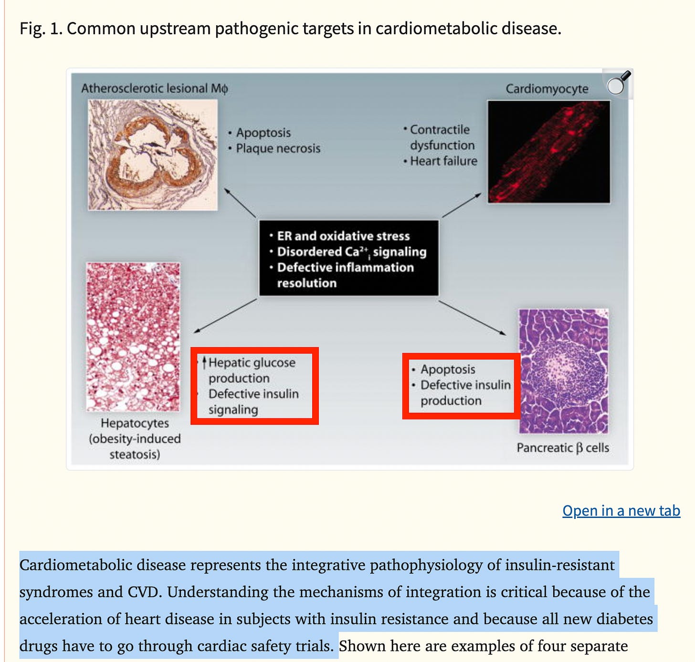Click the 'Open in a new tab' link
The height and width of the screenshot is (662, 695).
click(621, 511)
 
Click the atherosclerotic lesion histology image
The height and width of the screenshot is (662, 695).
click(153, 155)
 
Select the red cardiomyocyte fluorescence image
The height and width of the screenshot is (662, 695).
click(548, 152)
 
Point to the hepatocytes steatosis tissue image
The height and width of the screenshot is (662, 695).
click(133, 336)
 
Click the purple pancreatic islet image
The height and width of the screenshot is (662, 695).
click(563, 371)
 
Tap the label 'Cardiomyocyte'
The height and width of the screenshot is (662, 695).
click(547, 89)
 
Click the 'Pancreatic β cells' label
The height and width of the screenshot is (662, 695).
click(563, 448)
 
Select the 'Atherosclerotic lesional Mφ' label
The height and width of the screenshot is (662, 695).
click(154, 88)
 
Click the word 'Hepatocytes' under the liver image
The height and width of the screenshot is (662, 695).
click(135, 423)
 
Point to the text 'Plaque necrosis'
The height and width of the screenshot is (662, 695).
click(278, 148)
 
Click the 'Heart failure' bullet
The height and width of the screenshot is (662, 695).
click(443, 161)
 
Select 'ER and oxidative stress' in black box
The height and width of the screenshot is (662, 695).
click(343, 236)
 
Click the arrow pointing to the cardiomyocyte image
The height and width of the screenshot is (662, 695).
click(462, 205)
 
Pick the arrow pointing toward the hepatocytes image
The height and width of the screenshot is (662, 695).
click(225, 316)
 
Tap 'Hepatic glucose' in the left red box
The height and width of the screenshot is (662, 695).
click(252, 362)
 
